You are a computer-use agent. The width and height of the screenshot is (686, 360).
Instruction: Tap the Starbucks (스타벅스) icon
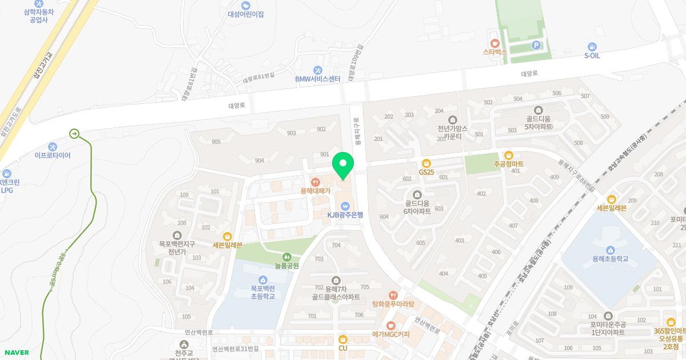(x=495, y=43)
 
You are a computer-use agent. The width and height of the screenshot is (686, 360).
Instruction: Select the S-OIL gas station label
(x=592, y=56)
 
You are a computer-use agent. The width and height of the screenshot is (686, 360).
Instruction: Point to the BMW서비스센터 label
(x=318, y=79)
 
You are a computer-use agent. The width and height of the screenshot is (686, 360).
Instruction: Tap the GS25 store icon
(x=426, y=163)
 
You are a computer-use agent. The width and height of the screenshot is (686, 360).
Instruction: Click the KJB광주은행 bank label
(x=345, y=215)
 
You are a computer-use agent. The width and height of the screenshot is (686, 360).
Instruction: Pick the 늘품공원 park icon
(x=287, y=257)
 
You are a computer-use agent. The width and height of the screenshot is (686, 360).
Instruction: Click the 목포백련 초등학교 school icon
(x=263, y=279)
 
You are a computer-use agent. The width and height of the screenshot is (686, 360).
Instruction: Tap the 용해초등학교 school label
(x=611, y=259)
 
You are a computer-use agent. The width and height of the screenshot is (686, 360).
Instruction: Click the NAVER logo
(x=16, y=353)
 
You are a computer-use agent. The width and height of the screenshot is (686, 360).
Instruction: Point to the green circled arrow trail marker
(x=74, y=134)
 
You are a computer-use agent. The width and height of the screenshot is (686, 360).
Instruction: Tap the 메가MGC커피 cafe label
(x=391, y=334)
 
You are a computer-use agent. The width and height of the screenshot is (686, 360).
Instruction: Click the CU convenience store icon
(x=343, y=339)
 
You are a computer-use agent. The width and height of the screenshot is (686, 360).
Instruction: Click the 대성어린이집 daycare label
(x=246, y=14)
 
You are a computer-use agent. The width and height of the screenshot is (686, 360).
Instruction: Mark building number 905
(x=216, y=142)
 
